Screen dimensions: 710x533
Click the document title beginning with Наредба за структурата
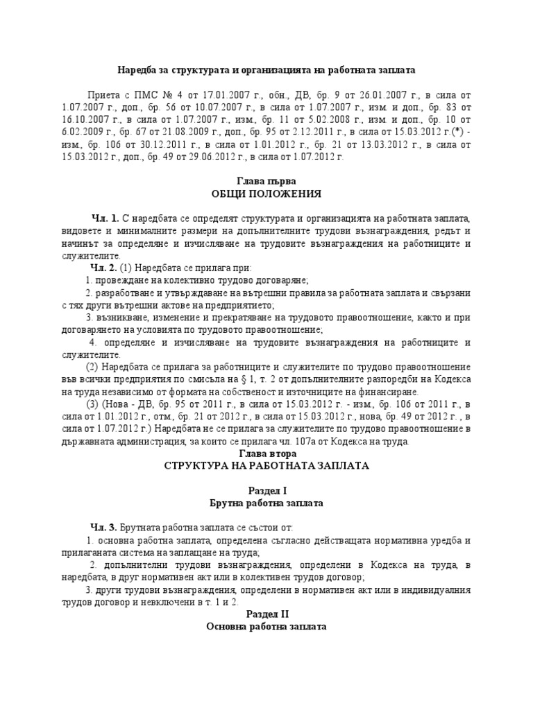266,71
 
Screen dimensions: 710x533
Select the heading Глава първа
266,180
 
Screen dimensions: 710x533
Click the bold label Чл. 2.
105,268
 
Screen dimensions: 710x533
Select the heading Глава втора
266,453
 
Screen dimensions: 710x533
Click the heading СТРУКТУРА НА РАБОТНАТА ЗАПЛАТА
266,466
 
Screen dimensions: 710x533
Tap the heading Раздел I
266,490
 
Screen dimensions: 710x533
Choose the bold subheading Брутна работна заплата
266,503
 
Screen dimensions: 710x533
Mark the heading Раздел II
266,614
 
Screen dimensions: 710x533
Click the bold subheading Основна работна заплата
266,627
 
